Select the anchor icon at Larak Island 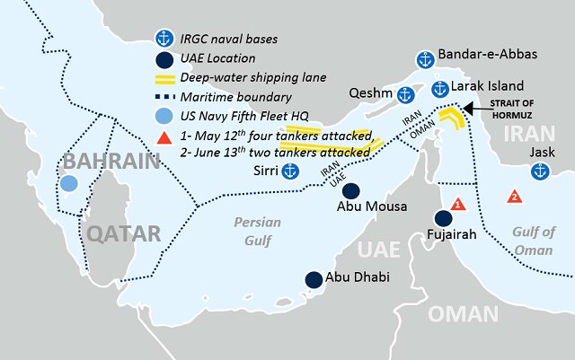click(x=439, y=89)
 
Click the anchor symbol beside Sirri click(x=289, y=171)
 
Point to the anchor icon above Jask click(x=539, y=171)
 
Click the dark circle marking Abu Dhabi click(x=313, y=279)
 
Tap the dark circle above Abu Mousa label click(x=351, y=191)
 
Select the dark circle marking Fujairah click(x=443, y=218)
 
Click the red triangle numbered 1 click(x=458, y=205)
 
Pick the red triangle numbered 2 click(x=514, y=196)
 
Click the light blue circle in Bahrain click(x=69, y=184)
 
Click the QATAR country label click(x=123, y=235)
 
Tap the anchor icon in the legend click(x=164, y=38)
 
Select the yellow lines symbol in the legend click(x=163, y=78)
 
